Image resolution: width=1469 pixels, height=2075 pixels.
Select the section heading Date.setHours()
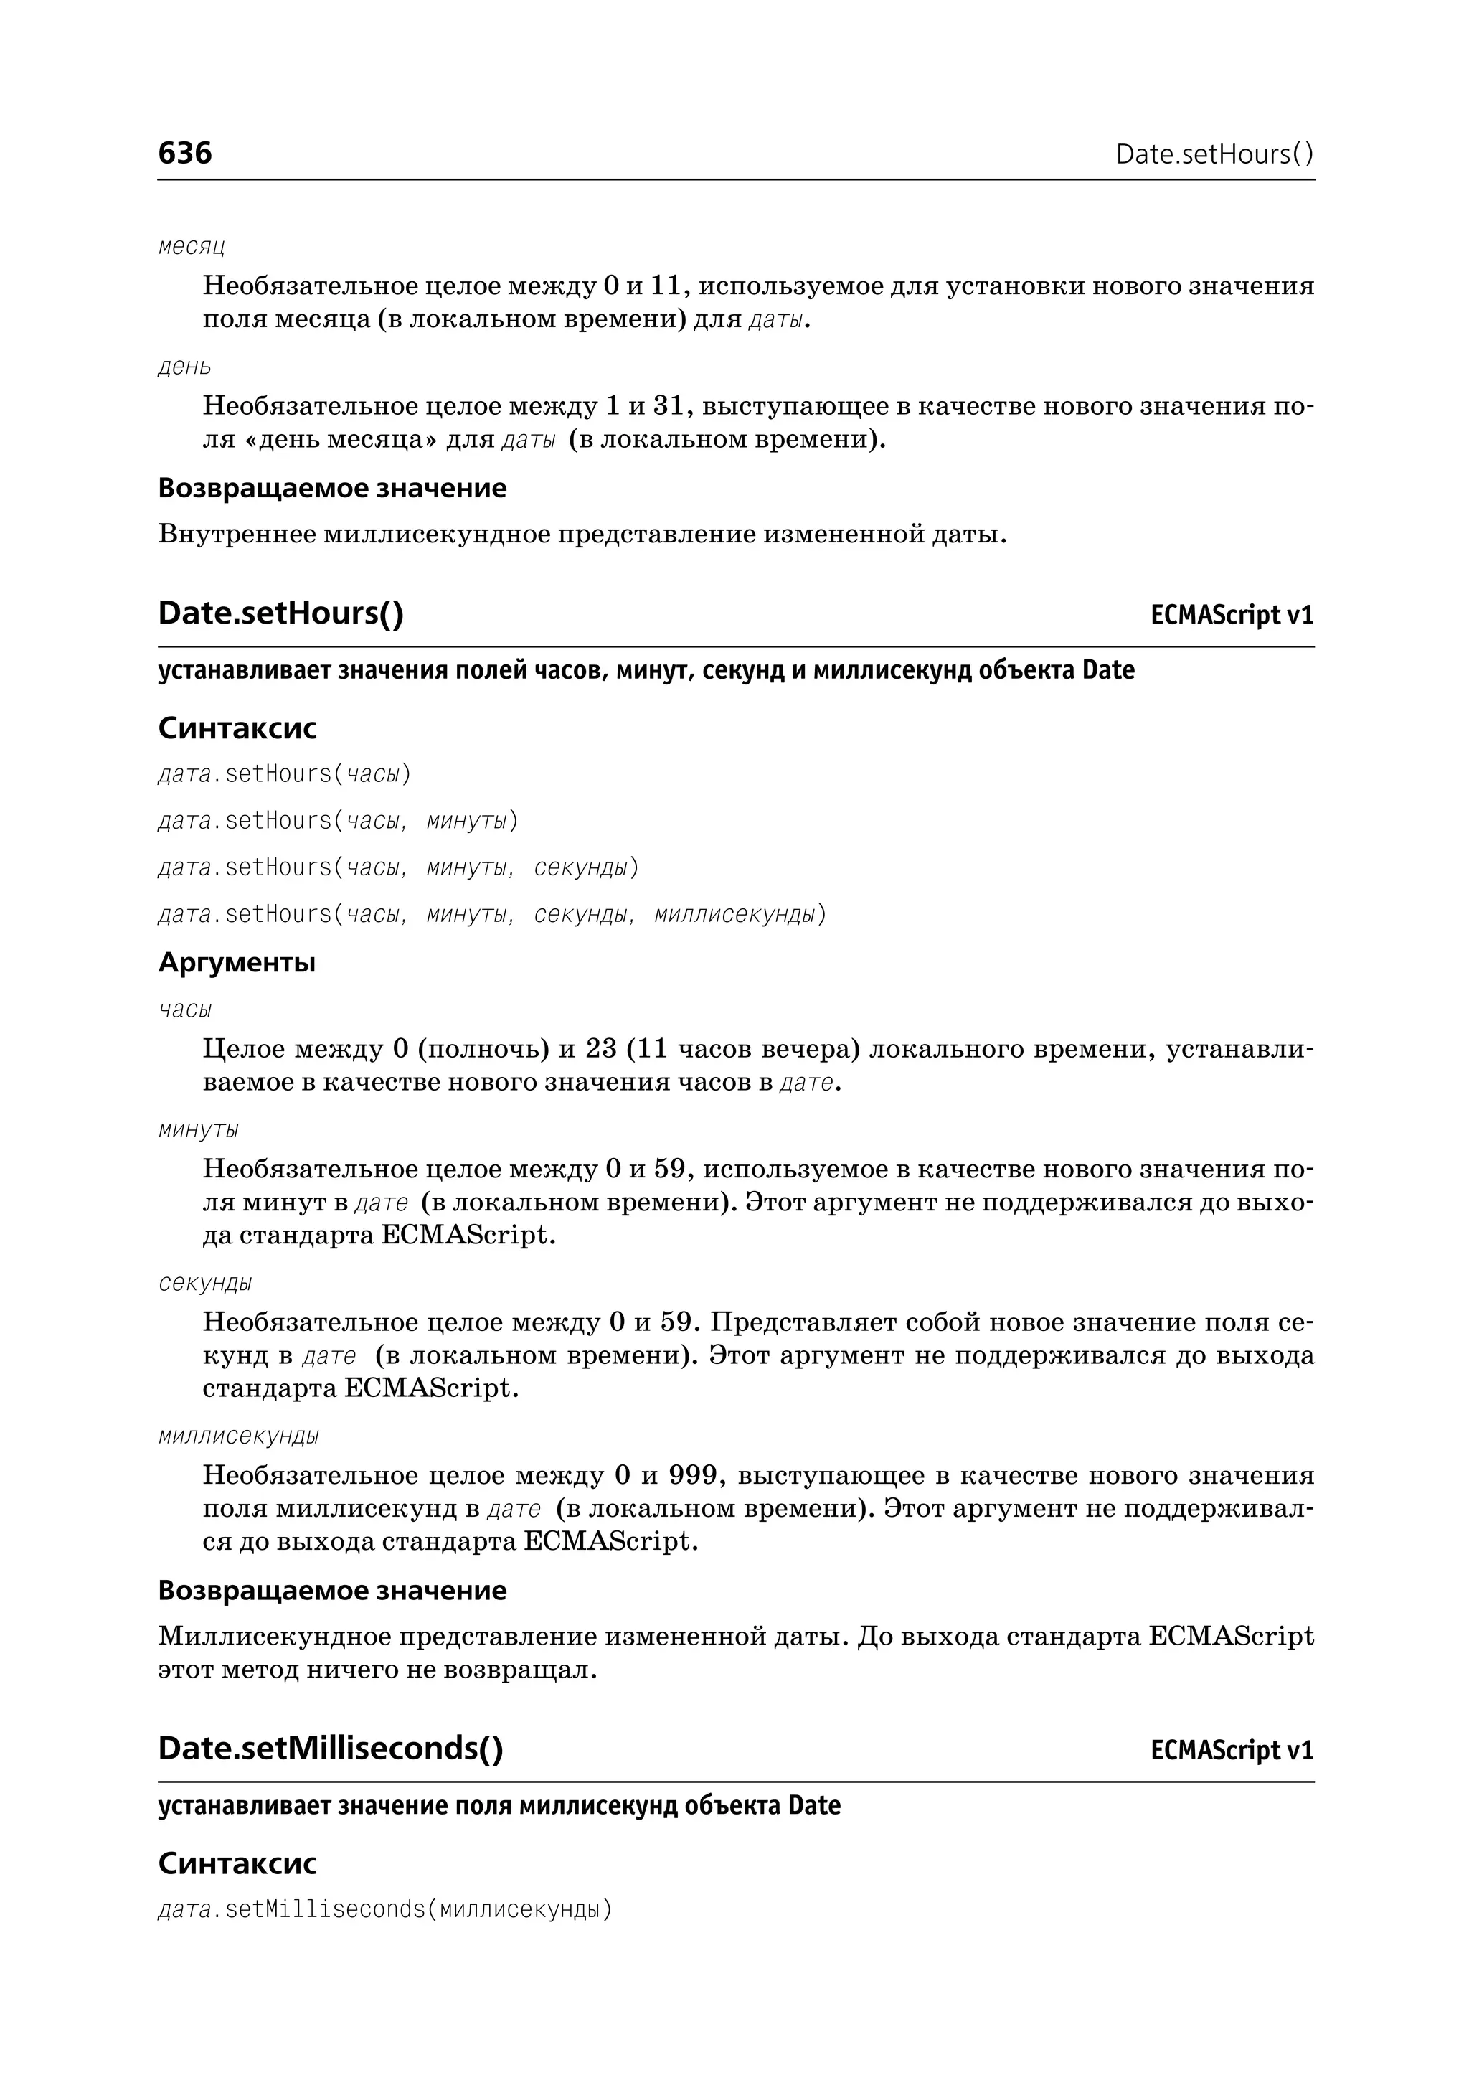coord(280,613)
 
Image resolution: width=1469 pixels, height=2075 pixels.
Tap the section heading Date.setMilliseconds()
coord(330,1747)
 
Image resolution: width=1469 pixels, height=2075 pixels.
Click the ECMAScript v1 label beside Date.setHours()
coord(1231,616)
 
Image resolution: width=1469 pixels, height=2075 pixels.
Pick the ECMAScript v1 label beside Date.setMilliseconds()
coord(1231,1750)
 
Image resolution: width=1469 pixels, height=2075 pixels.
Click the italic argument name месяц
coord(192,246)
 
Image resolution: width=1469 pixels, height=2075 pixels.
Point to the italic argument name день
coord(184,367)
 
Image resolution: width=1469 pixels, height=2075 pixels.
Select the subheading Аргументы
coord(237,962)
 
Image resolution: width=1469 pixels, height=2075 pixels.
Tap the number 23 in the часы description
coord(600,1049)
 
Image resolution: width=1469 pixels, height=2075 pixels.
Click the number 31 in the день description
coord(669,406)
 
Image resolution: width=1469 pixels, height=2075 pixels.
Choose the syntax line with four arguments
coord(492,914)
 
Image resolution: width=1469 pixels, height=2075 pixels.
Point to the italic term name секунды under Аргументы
coord(205,1283)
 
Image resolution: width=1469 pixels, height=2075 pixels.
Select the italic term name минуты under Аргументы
coord(199,1130)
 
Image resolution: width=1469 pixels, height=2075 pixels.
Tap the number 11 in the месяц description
coord(665,286)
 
